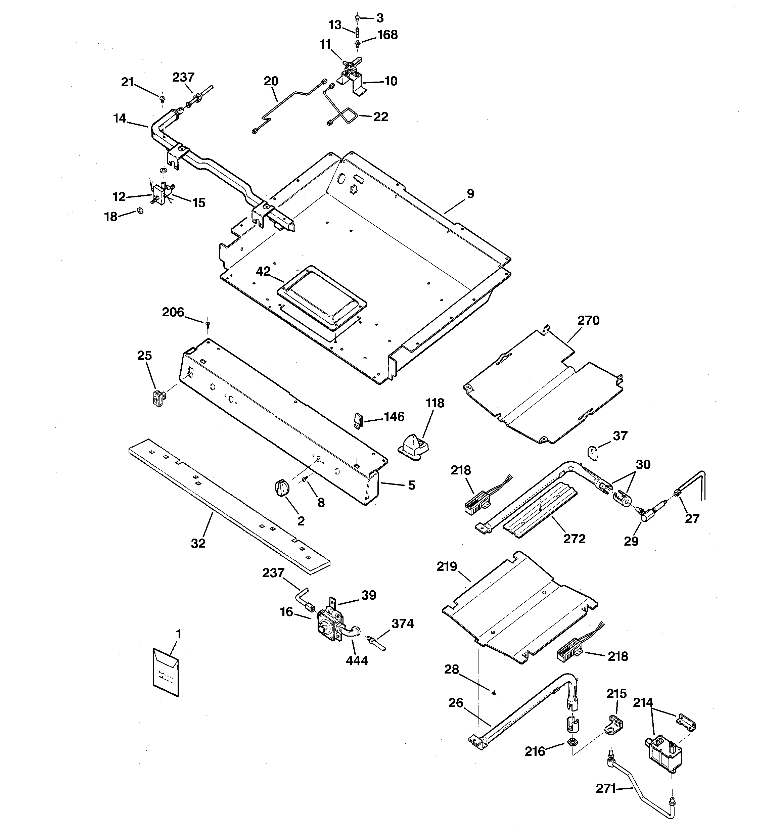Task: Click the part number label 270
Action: (x=588, y=321)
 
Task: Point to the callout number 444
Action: (x=357, y=660)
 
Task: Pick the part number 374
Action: (x=402, y=624)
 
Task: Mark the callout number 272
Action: (x=574, y=539)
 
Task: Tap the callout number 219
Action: (x=447, y=567)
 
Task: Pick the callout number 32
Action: (x=198, y=543)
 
